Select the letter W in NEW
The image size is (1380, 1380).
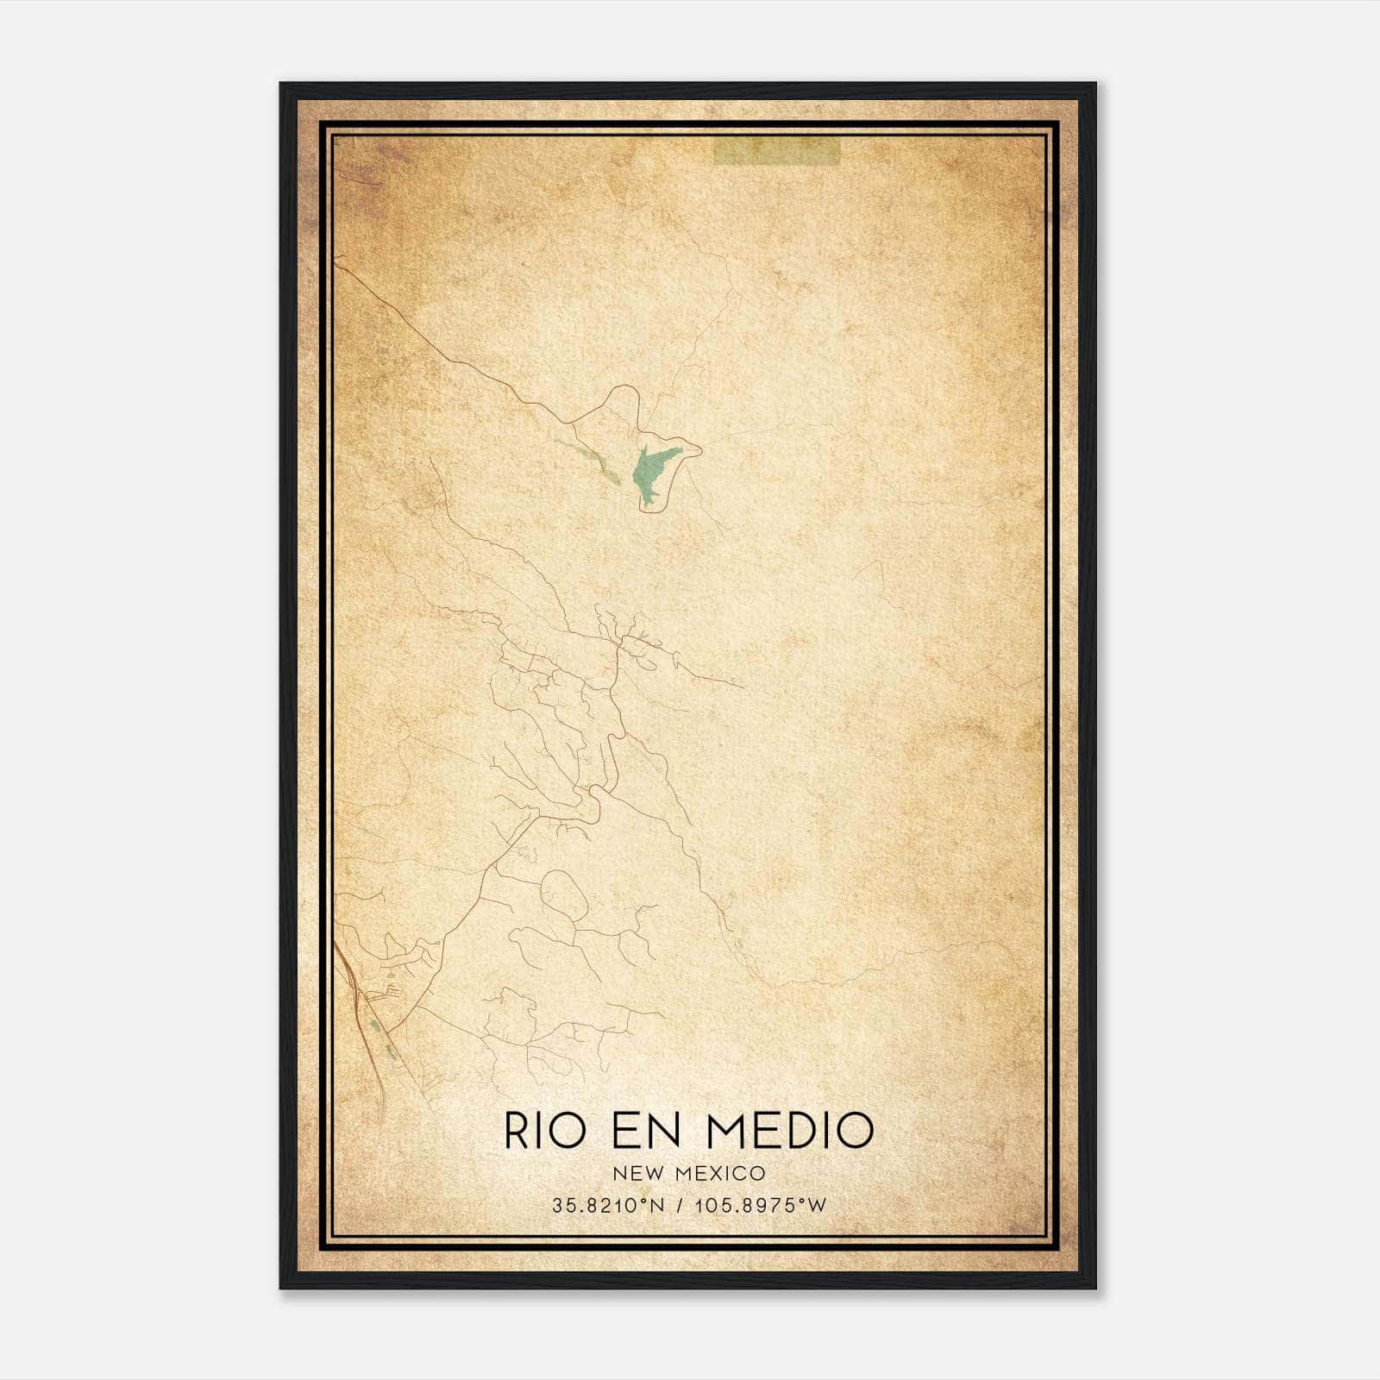[x=651, y=1173]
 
